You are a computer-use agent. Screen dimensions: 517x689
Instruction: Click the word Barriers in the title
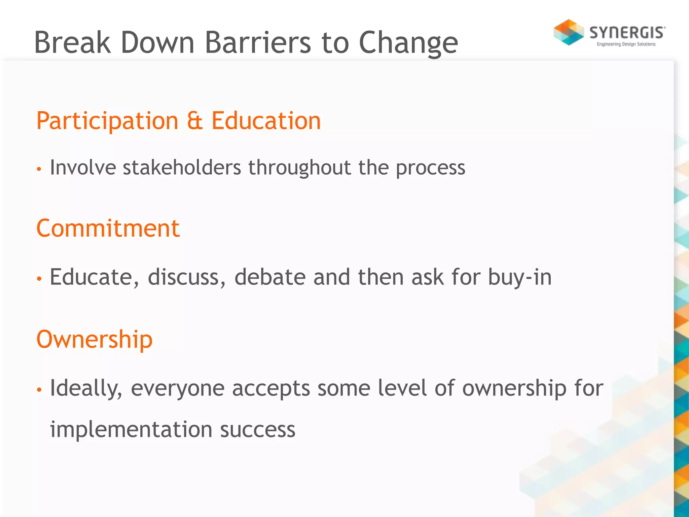(x=258, y=42)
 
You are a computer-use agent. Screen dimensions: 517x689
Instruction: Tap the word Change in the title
(x=408, y=43)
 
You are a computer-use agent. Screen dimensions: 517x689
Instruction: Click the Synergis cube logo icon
(x=569, y=32)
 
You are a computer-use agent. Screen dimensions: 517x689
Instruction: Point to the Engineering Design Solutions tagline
(x=626, y=44)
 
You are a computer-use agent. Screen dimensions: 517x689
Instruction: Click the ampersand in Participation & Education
(x=195, y=120)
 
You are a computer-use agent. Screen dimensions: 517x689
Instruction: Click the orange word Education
(x=266, y=120)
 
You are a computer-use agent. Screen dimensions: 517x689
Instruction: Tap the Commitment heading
(x=108, y=228)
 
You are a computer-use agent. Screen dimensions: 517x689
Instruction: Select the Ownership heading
(x=95, y=339)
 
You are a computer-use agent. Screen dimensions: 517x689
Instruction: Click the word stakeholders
(x=182, y=167)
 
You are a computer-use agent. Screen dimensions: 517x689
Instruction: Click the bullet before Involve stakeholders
(x=39, y=169)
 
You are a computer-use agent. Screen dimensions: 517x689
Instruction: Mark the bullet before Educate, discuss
(x=39, y=279)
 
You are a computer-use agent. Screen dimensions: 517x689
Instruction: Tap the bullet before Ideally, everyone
(x=39, y=390)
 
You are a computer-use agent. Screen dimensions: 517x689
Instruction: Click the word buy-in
(x=519, y=277)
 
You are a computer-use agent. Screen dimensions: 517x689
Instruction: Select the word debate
(x=270, y=277)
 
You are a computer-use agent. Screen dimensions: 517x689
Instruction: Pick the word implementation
(x=131, y=429)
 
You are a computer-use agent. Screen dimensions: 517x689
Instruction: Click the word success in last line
(x=258, y=430)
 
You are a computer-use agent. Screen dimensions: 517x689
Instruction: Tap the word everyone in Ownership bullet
(x=177, y=388)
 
